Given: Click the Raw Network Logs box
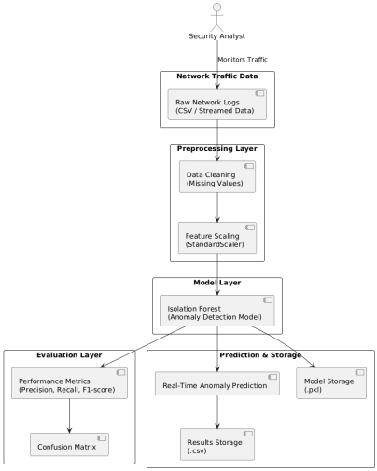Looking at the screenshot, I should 218,104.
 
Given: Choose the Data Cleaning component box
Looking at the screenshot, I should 218,176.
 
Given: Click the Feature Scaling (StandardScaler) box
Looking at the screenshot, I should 218,238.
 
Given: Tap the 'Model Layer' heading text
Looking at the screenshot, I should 218,282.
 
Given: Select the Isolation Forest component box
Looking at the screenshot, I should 218,312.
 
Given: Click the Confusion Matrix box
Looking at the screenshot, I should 71,445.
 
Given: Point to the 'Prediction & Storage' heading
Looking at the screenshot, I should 260,355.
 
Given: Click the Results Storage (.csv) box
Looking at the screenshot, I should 218,445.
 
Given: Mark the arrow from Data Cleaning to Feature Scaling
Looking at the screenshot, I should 218,207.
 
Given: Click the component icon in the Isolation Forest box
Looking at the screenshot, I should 269,300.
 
